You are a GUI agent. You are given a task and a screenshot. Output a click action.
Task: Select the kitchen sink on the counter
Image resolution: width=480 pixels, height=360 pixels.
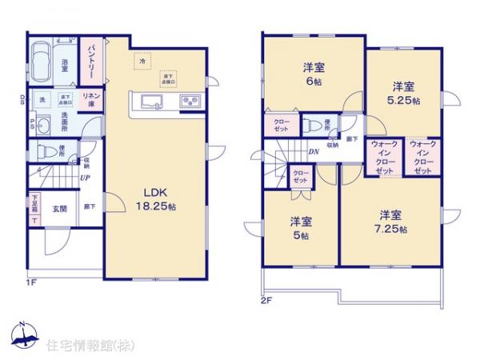(x=152, y=102)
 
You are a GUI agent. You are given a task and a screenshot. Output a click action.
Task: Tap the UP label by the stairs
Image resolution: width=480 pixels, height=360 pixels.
(x=84, y=178)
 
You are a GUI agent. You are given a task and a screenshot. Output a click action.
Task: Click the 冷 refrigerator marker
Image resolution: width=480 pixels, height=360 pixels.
(x=143, y=59)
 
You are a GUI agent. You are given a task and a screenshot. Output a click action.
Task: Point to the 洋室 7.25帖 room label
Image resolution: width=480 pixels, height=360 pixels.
(x=390, y=221)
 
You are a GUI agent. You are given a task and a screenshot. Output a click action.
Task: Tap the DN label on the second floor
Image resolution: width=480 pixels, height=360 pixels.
(x=314, y=151)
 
